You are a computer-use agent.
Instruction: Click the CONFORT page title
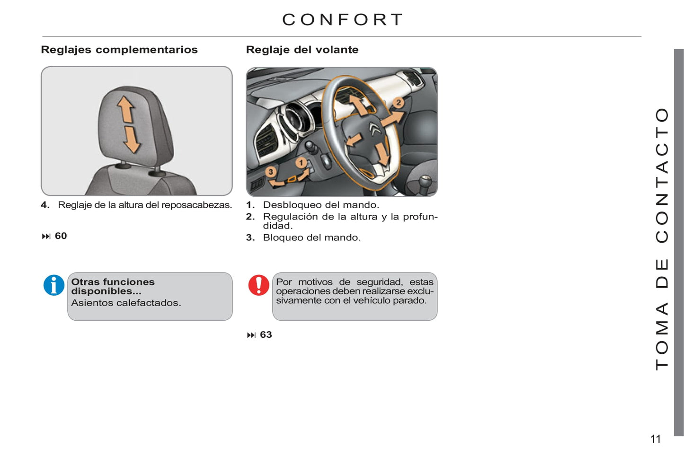tap(343, 19)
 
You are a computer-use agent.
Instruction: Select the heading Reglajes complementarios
tap(119, 50)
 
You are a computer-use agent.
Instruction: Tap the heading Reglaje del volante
tap(302, 50)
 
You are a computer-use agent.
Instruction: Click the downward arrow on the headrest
tap(131, 140)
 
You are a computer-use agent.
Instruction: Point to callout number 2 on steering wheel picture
tap(399, 103)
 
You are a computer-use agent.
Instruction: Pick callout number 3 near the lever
tap(271, 172)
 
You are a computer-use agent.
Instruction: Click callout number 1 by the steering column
tap(301, 163)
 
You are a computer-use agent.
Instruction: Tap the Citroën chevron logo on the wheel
tap(374, 128)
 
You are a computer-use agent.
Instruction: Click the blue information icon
tap(54, 285)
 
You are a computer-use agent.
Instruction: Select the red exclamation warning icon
tap(258, 285)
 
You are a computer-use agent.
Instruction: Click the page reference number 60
tap(61, 236)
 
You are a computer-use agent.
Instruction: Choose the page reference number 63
tap(266, 335)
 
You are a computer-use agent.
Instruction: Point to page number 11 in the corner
tap(655, 439)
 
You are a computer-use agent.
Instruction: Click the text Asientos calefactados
tap(126, 303)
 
